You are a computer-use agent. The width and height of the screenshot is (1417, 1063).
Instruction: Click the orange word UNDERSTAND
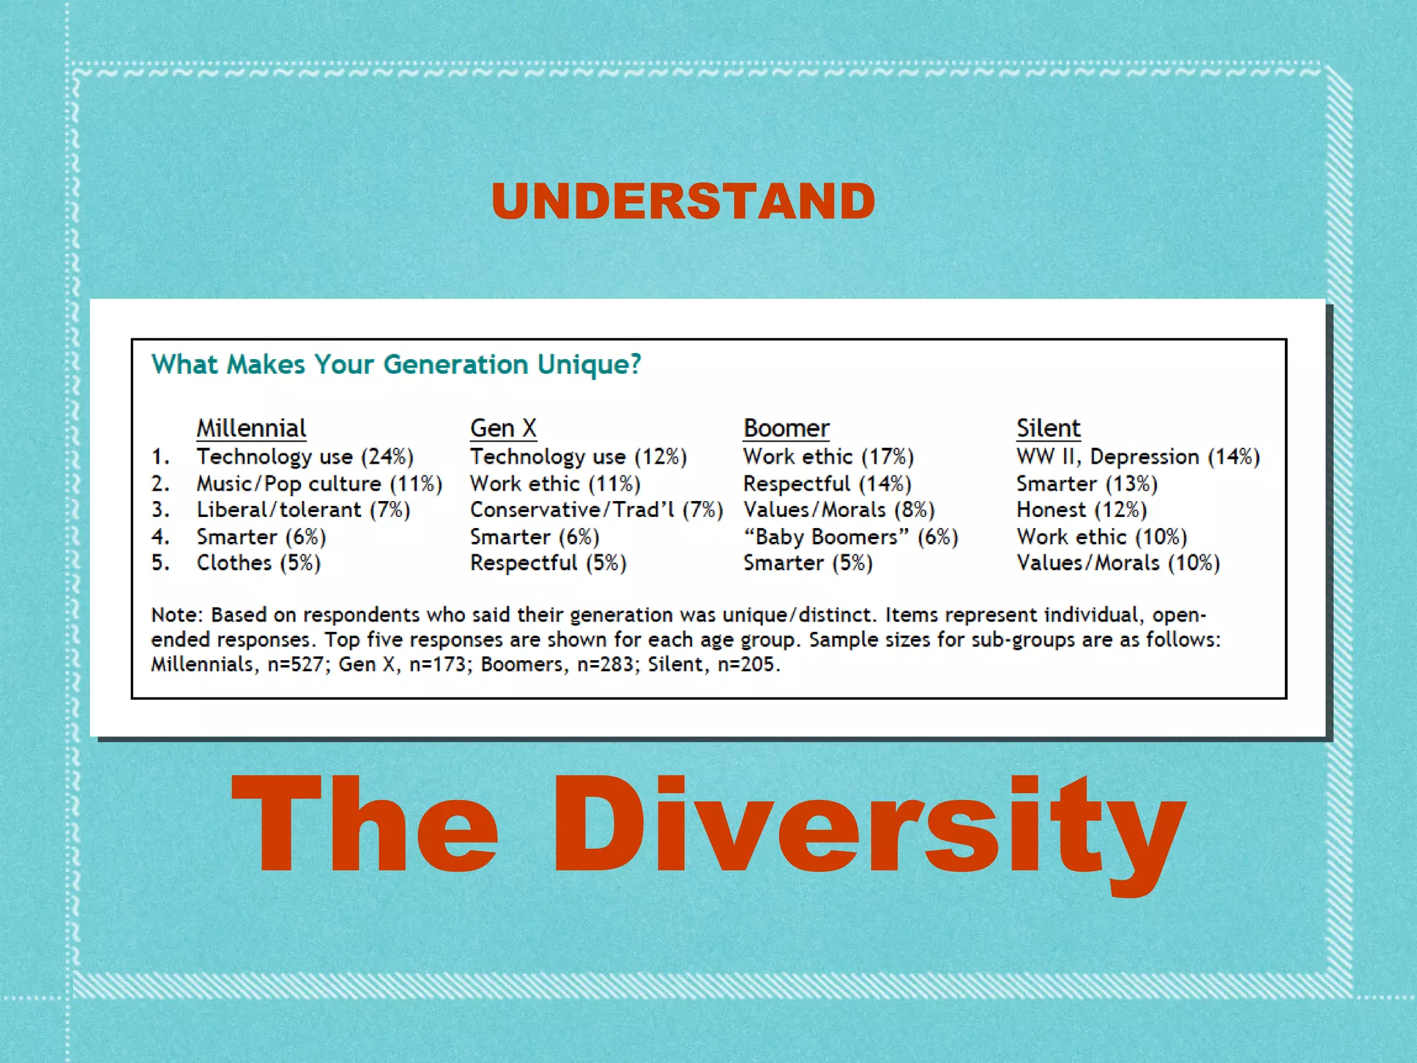click(684, 201)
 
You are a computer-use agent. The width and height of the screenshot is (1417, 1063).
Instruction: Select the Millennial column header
click(251, 428)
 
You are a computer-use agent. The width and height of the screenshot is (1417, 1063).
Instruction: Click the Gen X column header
click(503, 428)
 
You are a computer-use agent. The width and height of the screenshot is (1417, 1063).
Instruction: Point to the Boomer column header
click(786, 428)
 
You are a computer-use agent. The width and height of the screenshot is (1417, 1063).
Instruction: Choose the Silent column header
click(1048, 428)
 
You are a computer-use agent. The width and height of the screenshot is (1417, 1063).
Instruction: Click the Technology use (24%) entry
click(304, 457)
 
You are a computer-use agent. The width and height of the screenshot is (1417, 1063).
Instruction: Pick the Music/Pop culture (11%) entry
click(319, 484)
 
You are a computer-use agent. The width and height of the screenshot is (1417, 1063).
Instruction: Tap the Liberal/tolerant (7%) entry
click(303, 510)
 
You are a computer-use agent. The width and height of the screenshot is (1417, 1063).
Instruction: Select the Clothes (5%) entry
click(258, 563)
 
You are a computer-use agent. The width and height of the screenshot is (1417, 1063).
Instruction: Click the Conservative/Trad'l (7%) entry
click(596, 510)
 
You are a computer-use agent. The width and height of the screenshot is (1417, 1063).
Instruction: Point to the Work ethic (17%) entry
click(828, 457)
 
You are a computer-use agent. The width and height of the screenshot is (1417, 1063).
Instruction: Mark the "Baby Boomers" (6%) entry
click(850, 537)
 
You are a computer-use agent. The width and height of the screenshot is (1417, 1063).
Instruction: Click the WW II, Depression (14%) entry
click(1138, 457)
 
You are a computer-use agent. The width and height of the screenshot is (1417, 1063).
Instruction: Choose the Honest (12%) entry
click(1081, 510)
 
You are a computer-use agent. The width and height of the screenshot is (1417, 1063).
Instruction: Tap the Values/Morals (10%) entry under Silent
click(1118, 563)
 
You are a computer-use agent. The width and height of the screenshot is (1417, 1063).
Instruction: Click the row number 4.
click(160, 537)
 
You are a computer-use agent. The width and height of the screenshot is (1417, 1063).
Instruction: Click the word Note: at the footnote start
click(178, 615)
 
